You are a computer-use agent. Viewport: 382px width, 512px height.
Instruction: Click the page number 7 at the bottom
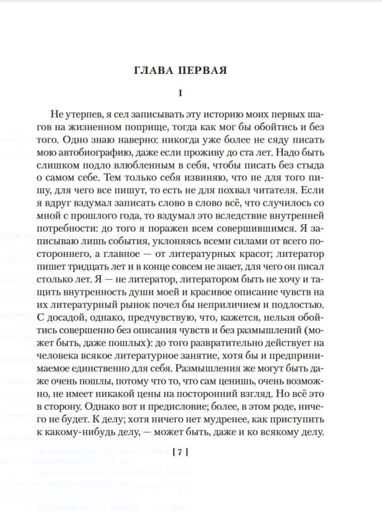tap(180, 452)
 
